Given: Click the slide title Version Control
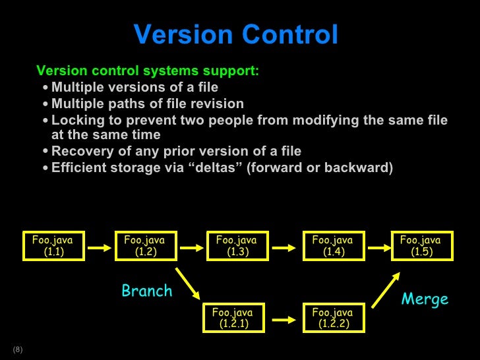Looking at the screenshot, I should (x=235, y=36).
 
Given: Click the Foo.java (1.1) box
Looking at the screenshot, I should (x=52, y=246).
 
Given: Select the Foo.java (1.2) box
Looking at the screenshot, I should (x=144, y=246).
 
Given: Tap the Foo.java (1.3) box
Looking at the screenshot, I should (x=236, y=246).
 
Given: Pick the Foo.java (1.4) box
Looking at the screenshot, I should (x=332, y=246).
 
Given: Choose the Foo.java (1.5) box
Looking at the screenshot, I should (x=421, y=246).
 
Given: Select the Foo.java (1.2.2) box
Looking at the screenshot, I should (x=332, y=318).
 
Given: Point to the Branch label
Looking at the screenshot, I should (x=146, y=291).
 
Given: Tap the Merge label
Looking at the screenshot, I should (x=425, y=299).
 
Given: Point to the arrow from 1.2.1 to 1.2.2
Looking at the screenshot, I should (x=282, y=319).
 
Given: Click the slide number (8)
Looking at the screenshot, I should (x=17, y=349).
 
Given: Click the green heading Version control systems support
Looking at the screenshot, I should (x=148, y=71).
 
